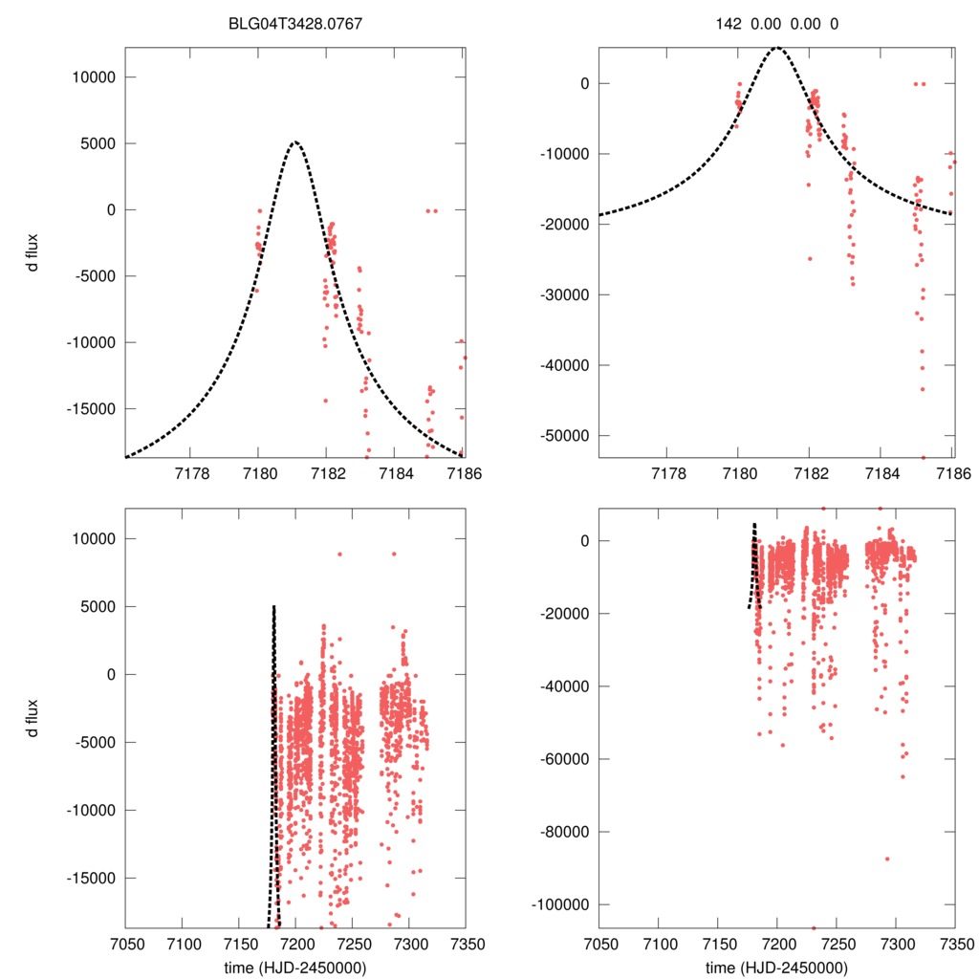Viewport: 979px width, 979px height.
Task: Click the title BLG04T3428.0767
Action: [x=294, y=24]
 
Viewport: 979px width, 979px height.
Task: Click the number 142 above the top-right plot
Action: [x=729, y=24]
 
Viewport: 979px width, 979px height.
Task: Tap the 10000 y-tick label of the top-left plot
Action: [x=98, y=77]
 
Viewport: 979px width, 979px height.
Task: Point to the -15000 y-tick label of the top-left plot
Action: [x=96, y=408]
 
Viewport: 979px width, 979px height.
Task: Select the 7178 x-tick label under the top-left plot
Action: [x=192, y=475]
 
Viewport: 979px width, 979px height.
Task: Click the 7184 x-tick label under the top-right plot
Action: [x=881, y=475]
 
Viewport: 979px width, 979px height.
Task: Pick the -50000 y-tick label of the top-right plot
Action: [x=569, y=436]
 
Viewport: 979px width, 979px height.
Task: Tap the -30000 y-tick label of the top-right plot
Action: [x=569, y=294]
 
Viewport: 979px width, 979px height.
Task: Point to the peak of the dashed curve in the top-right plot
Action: [x=777, y=47]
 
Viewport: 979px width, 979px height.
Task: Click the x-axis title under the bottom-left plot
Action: [x=294, y=968]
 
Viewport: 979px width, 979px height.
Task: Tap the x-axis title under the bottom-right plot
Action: [x=777, y=968]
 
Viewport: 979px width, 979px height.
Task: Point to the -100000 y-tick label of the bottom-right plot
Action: [x=565, y=904]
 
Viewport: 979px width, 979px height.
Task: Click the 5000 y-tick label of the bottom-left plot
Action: [x=102, y=606]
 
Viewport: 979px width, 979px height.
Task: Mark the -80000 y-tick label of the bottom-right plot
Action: [x=569, y=832]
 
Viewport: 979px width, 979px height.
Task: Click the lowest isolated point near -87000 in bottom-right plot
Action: [x=887, y=859]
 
